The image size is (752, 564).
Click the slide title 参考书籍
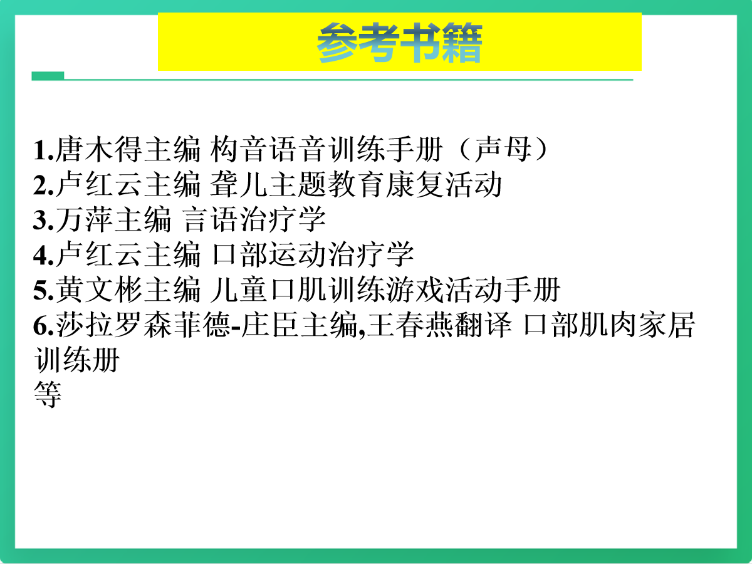click(399, 43)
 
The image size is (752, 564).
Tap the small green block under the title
click(48, 76)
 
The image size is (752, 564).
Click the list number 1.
click(43, 150)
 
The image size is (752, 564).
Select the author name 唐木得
click(99, 149)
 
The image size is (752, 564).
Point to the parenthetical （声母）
click(503, 149)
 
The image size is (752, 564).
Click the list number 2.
click(43, 185)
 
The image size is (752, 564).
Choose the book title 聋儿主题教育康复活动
click(355, 184)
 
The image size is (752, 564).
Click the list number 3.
click(43, 220)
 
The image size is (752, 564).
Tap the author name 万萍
click(84, 219)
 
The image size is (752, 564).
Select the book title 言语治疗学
click(254, 219)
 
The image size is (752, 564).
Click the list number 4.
click(43, 255)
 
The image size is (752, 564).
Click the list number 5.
click(43, 290)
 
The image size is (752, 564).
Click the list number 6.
click(43, 326)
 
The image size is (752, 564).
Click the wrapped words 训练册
click(76, 360)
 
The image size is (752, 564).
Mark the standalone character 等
click(48, 395)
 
